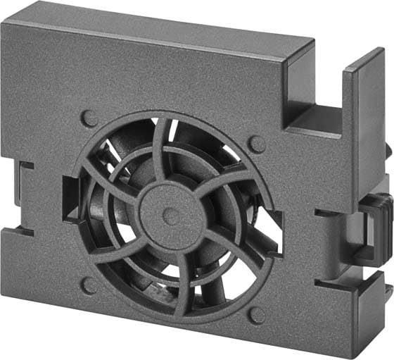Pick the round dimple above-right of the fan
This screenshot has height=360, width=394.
(x=258, y=144)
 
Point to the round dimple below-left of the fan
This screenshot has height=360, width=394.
(x=89, y=285)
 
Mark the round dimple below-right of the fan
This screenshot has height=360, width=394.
(x=258, y=314)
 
